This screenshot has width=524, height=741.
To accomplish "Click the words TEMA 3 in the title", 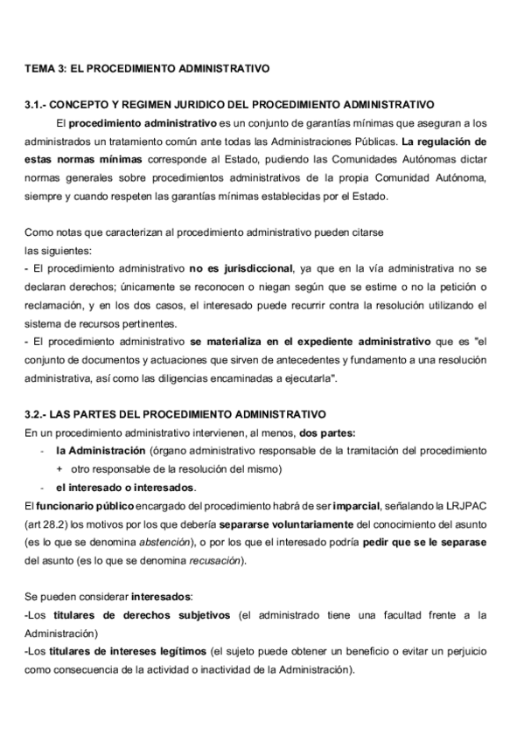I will tap(40, 66).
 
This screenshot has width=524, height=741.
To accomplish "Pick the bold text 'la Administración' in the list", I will tap(101, 450).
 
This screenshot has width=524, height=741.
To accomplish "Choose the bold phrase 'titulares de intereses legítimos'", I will tap(139, 652).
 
